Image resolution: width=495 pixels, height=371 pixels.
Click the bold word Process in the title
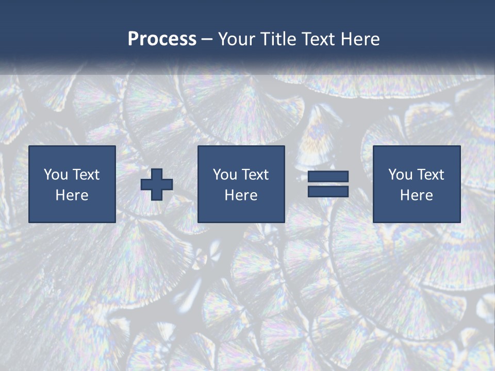(162, 39)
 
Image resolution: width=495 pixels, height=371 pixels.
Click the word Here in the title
(360, 39)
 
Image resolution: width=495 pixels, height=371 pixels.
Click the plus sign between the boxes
(157, 184)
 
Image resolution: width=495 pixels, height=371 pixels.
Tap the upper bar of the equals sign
(328, 177)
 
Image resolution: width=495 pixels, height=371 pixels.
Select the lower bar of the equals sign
(328, 191)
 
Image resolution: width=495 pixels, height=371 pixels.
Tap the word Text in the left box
(86, 175)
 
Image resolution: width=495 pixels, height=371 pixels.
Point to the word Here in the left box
(72, 195)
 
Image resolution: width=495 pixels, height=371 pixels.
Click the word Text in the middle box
(255, 175)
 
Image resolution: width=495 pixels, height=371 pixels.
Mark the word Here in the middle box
(241, 195)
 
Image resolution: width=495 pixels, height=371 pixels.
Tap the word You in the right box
(401, 175)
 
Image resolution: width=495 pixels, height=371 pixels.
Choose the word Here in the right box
(417, 195)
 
